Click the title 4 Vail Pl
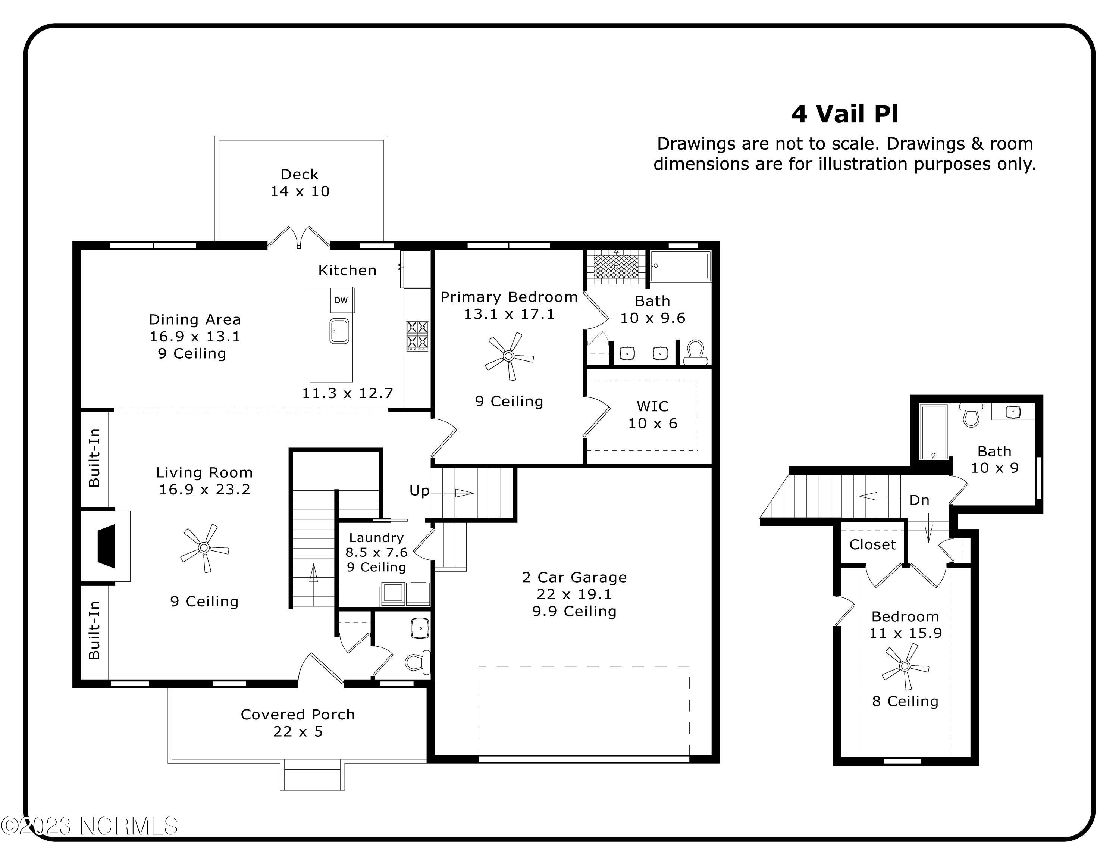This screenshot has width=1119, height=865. (x=844, y=114)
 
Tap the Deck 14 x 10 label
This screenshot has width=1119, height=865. (x=300, y=183)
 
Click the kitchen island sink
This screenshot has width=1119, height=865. (x=339, y=331)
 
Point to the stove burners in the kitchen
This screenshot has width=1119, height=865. (x=417, y=336)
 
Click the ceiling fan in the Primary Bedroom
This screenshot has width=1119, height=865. (x=509, y=356)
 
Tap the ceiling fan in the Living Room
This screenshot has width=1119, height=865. (x=204, y=548)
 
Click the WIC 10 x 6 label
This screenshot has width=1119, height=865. (x=652, y=415)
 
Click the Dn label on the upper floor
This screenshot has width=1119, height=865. (x=919, y=500)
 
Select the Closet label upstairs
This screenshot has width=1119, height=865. (x=872, y=545)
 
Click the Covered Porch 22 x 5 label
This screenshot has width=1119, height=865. (x=298, y=722)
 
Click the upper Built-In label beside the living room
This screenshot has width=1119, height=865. (x=94, y=458)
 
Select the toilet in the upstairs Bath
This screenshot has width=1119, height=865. (x=971, y=415)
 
